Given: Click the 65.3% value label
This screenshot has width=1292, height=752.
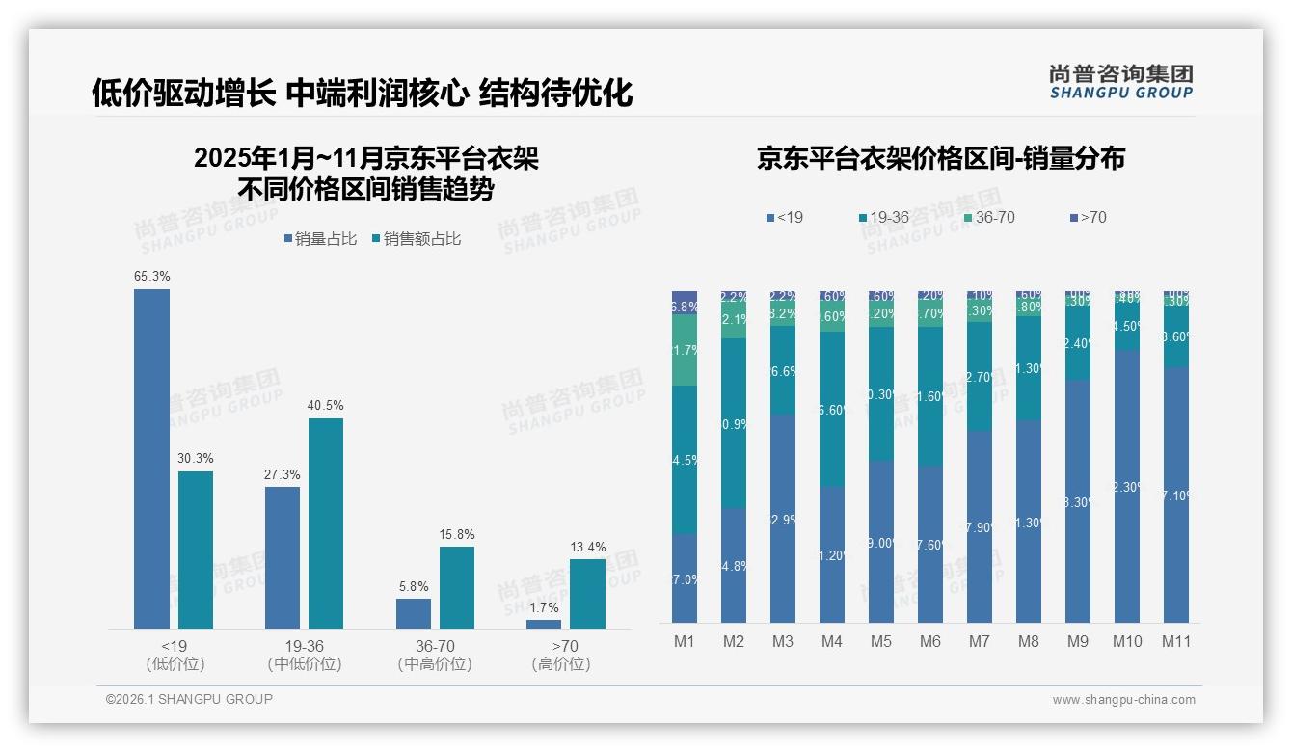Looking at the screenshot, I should tap(152, 277).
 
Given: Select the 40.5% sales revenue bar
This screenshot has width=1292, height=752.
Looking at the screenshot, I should tap(326, 523).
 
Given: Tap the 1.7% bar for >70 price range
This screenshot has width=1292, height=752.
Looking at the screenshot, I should tap(544, 624).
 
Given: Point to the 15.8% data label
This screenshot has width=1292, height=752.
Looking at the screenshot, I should tap(457, 535).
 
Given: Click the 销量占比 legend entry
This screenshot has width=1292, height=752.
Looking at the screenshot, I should tap(322, 239).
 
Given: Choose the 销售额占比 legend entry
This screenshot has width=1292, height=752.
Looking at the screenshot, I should tap(416, 239).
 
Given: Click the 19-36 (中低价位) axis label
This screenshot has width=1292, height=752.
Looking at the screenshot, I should tap(305, 655).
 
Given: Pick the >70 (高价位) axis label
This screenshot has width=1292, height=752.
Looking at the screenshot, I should tap(561, 655).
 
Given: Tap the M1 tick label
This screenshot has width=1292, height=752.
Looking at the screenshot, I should tap(684, 641).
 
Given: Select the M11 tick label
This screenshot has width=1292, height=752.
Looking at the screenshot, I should tap(1175, 641).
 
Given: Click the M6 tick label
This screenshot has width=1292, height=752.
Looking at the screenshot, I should tap(929, 641).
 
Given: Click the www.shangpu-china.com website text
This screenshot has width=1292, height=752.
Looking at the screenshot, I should tap(1123, 700).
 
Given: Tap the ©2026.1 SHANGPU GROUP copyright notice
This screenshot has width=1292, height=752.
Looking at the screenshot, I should tap(189, 699).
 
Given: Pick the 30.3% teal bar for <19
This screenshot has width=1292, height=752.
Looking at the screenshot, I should tap(196, 550).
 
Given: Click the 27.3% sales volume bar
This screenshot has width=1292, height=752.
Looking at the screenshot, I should tap(283, 557).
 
